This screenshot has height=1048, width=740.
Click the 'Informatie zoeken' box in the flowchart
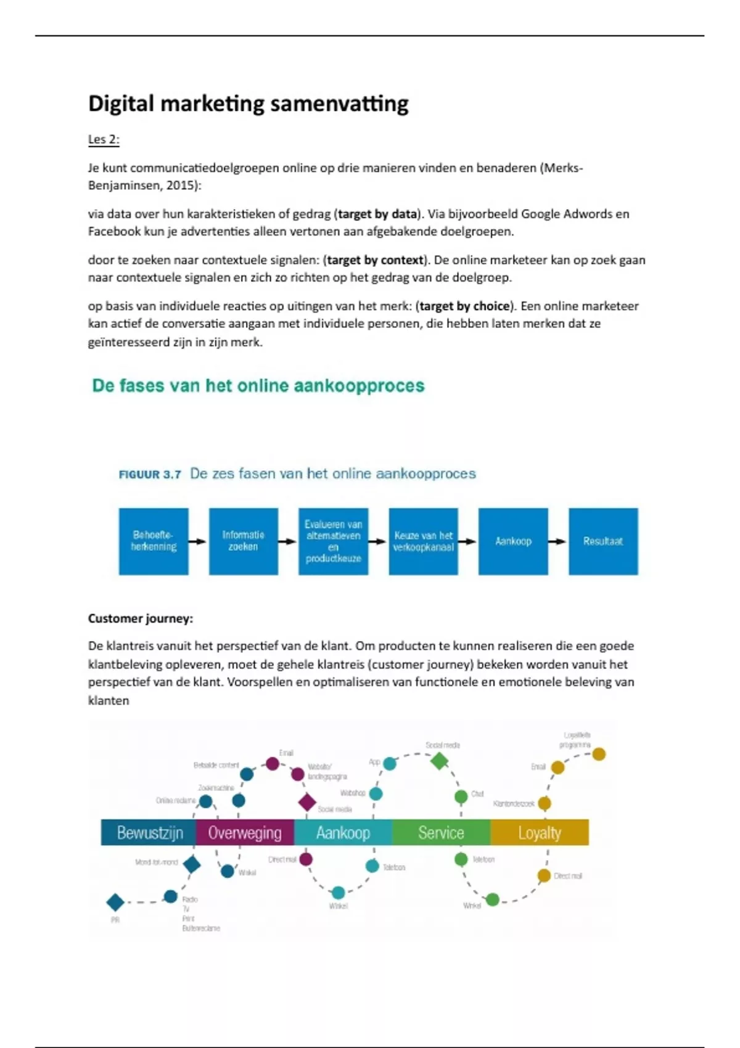pos(243,541)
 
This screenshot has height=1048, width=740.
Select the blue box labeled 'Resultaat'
pos(602,541)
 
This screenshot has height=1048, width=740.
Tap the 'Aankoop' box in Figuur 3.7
pos(512,541)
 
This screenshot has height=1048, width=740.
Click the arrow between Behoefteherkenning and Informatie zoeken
pos(198,542)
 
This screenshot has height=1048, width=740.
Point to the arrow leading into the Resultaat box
pos(557,542)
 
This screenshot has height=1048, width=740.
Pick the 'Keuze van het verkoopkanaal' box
pos(423,541)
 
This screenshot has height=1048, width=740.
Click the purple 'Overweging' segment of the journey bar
pos(245,833)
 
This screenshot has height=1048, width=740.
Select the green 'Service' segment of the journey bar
pos(441,833)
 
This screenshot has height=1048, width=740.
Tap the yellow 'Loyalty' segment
pos(540,833)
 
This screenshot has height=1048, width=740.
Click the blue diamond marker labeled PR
pos(115,903)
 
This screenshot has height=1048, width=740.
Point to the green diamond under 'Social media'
pos(439,761)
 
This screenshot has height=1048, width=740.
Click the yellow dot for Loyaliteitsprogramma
pos(599,754)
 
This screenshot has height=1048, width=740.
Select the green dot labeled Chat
pos(461,796)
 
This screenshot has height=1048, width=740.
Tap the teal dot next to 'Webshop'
pos(376,794)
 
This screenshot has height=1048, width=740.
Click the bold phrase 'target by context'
pos(375,260)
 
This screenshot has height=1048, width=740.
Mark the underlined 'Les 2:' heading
pos(104,139)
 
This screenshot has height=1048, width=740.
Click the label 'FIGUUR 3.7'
pos(150,475)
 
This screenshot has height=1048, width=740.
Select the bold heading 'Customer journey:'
pos(141,618)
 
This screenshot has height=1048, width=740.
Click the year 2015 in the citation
pos(181,186)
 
